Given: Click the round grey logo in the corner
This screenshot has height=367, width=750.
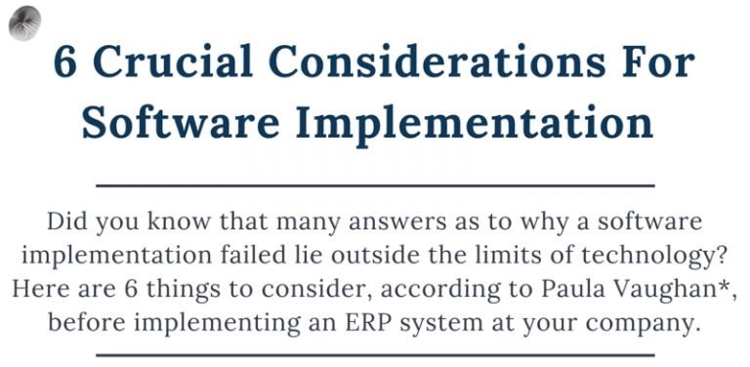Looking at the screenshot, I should point(23,20).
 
